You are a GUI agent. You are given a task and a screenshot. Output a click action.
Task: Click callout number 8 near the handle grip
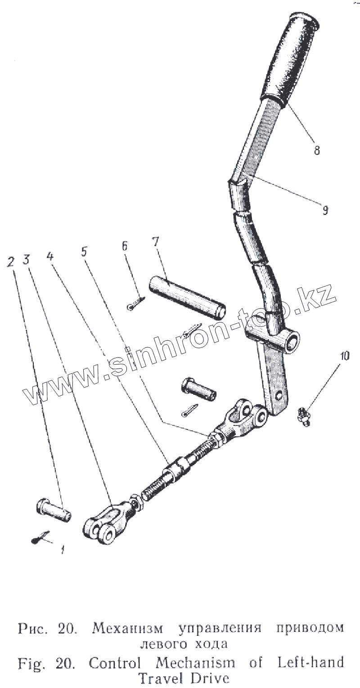click(317, 151)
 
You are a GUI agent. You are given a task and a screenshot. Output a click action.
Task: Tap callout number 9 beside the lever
click(325, 209)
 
